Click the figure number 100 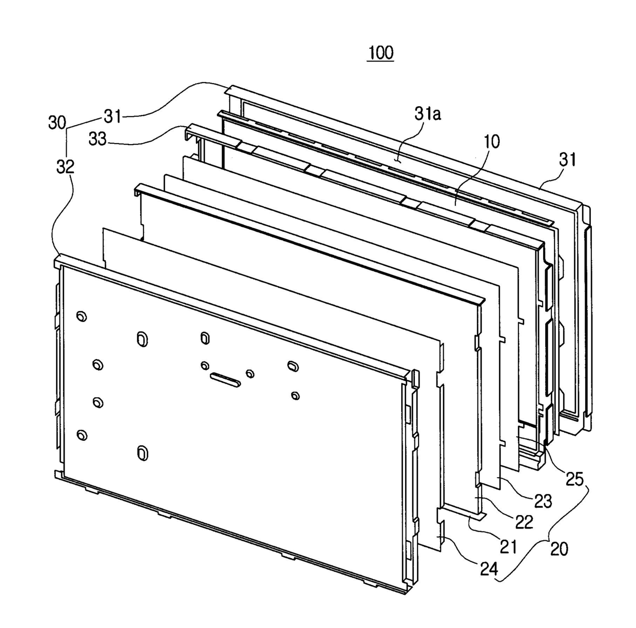pyautogui.click(x=380, y=52)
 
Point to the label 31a pyautogui.click(x=428, y=114)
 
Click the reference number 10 pyautogui.click(x=491, y=142)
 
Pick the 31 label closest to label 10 pyautogui.click(x=567, y=160)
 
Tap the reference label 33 pyautogui.click(x=98, y=139)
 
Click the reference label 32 pyautogui.click(x=66, y=166)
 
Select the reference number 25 pyautogui.click(x=574, y=479)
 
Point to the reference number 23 pyautogui.click(x=542, y=500)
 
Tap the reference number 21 pyautogui.click(x=508, y=547)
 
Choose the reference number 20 pyautogui.click(x=559, y=549)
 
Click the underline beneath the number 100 pyautogui.click(x=380, y=62)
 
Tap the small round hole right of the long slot pyautogui.click(x=250, y=374)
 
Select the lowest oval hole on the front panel pyautogui.click(x=143, y=453)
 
